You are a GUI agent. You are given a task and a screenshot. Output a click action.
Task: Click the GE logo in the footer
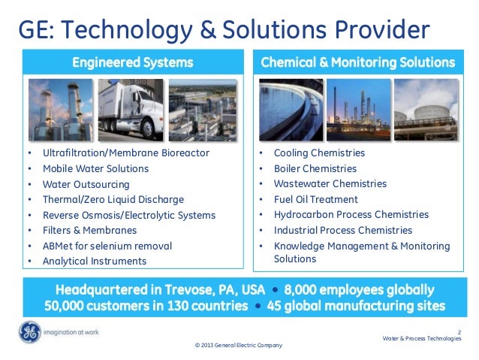31,331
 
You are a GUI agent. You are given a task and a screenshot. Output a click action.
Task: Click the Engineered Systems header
133,62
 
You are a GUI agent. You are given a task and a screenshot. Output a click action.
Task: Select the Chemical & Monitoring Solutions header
357,62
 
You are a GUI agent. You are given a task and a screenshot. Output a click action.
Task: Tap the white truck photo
132,110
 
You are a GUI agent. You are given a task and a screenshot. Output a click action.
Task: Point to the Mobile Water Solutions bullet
95,168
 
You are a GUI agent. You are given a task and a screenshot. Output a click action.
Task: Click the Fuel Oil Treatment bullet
315,199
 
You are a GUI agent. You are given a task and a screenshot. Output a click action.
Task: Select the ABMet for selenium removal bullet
107,246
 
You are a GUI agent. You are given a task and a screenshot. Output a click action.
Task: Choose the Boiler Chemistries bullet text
315,168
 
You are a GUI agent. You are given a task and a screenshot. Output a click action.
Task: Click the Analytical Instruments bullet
94,261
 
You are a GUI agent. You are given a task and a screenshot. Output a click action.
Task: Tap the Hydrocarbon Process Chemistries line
351,215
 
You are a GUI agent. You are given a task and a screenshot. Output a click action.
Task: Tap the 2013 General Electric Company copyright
239,345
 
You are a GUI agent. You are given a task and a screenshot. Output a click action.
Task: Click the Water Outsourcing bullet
86,184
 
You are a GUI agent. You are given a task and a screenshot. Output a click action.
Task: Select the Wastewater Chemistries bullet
330,184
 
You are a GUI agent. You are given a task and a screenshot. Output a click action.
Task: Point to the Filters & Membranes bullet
89,230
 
